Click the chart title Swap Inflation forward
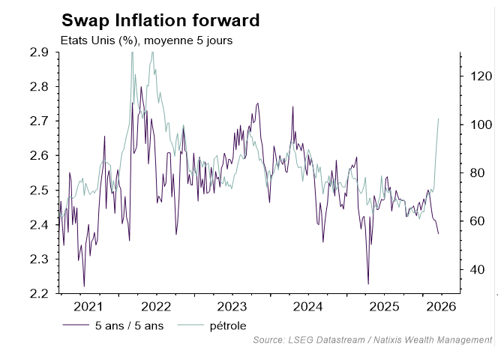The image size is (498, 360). pos(160,20)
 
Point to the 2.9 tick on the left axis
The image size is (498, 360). pos(39,52)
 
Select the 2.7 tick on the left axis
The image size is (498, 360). pos(39,121)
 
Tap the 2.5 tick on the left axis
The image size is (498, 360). pos(39,190)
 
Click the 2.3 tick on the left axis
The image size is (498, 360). pos(39,259)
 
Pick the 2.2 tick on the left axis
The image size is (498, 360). pos(39,293)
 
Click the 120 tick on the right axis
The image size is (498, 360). pos(479,76)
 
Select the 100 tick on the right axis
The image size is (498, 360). pos(479,124)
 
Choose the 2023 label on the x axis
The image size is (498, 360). pos(233,307)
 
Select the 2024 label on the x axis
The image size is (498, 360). pos(307,307)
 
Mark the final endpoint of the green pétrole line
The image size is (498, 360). pos(439,118)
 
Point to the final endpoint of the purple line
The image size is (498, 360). pos(439,234)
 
